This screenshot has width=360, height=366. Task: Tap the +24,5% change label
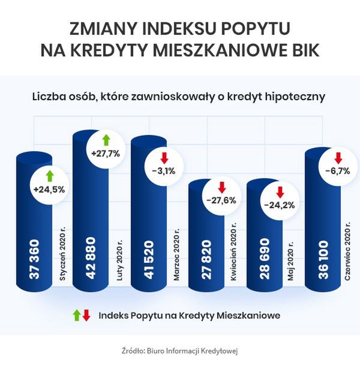(49, 190)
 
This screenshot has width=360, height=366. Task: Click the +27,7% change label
(106, 154)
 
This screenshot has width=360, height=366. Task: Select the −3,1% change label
(163, 170)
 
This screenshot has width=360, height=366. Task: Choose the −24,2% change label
(279, 205)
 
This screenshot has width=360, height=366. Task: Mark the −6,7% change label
(337, 170)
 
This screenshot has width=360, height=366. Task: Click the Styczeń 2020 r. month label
(62, 254)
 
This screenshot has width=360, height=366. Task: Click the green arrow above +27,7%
(106, 140)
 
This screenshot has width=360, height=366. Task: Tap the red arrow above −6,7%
(338, 158)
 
